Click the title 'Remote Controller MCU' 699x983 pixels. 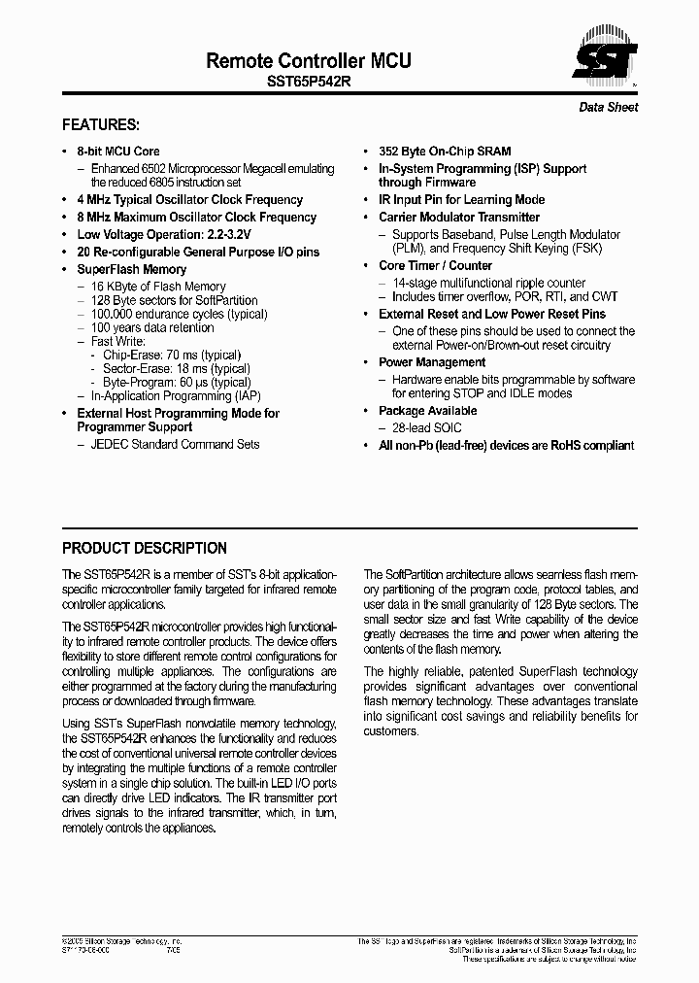[x=308, y=61]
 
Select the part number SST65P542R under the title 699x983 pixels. [x=309, y=84]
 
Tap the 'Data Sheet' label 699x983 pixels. [x=608, y=108]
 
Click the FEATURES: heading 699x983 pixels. [x=101, y=125]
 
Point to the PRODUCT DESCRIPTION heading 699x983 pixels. [x=145, y=548]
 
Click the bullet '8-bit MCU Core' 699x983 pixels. [x=117, y=152]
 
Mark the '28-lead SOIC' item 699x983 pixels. [x=426, y=428]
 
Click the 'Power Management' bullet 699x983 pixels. [x=433, y=362]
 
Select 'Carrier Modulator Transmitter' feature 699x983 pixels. [x=458, y=218]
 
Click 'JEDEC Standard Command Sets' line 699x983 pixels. [x=175, y=445]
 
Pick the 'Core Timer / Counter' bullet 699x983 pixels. [x=435, y=266]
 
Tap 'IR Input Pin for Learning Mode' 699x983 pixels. [x=461, y=200]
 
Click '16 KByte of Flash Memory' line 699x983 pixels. [x=158, y=288]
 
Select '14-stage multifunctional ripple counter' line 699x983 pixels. [x=488, y=283]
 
